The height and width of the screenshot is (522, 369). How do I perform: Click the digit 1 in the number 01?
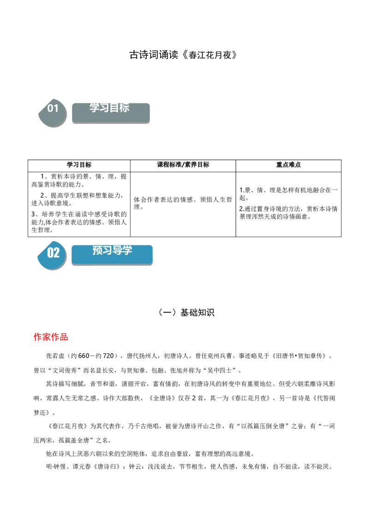tap(56, 108)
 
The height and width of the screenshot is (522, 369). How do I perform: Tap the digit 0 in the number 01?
tap(50, 108)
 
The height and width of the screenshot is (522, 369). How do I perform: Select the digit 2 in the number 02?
tap(56, 253)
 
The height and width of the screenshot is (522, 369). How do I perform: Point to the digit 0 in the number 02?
tap(50, 253)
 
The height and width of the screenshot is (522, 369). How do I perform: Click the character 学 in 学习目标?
tap(95, 107)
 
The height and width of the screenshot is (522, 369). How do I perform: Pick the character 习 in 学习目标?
tap(104, 107)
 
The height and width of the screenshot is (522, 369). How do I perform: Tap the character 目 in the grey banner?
tap(114, 107)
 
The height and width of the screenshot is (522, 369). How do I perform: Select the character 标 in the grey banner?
tap(124, 107)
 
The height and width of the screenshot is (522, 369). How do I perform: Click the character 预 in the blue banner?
tap(97, 250)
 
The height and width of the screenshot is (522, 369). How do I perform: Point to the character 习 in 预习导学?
tap(107, 250)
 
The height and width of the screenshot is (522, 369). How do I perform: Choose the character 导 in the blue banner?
tap(117, 250)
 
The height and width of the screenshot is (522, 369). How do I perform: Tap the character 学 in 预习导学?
tap(127, 250)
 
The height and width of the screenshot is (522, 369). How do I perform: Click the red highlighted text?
tap(51, 338)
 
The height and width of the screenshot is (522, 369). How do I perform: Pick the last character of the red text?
tap(65, 338)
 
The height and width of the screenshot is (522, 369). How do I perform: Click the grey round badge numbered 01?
tap(52, 112)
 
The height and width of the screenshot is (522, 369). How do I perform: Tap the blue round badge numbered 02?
tap(52, 255)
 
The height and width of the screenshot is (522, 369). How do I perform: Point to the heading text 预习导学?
tap(112, 250)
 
